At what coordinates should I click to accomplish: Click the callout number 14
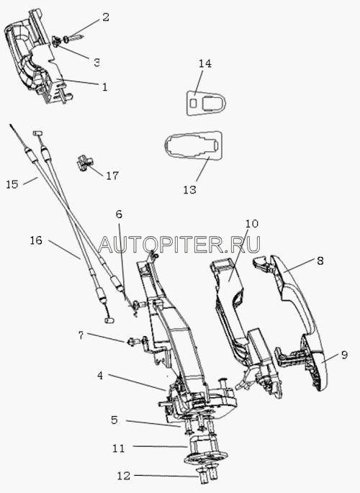coord(204,64)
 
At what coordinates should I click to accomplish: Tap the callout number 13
coord(190,190)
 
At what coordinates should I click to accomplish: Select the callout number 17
coord(112,176)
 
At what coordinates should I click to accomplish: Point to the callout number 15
coord(12,184)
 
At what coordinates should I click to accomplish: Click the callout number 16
coord(36,240)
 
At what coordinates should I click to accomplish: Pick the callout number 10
coord(251,224)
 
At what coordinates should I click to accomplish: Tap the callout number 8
coord(320,261)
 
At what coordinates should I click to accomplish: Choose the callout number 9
coord(344,355)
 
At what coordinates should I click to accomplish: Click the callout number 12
coord(124,476)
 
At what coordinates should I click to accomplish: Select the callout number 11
coord(119,448)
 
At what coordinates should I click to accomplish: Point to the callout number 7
coord(81,335)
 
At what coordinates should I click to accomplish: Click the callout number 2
coord(106,17)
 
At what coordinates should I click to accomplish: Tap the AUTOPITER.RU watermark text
coord(179,244)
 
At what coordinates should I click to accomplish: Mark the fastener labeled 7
coord(136,341)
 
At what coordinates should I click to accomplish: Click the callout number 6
coord(119,214)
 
